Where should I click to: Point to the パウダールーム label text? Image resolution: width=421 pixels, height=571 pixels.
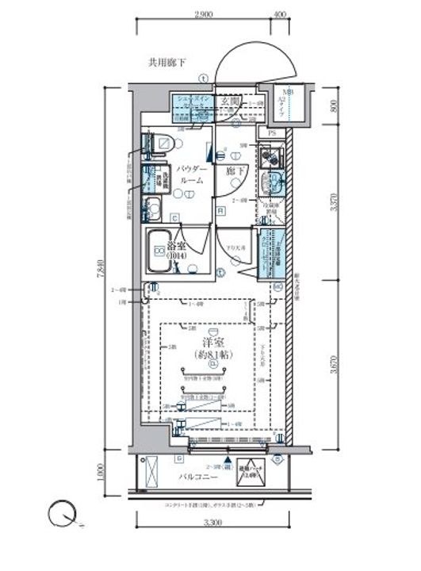point(191,175)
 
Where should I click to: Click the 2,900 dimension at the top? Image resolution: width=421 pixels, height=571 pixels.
point(203,15)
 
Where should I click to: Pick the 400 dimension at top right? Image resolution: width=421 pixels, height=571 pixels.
point(278,15)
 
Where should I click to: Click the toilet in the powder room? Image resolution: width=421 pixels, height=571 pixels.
point(162,144)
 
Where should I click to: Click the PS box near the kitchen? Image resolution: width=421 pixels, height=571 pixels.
point(272,133)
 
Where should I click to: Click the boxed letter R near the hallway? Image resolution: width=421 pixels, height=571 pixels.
point(220,209)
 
